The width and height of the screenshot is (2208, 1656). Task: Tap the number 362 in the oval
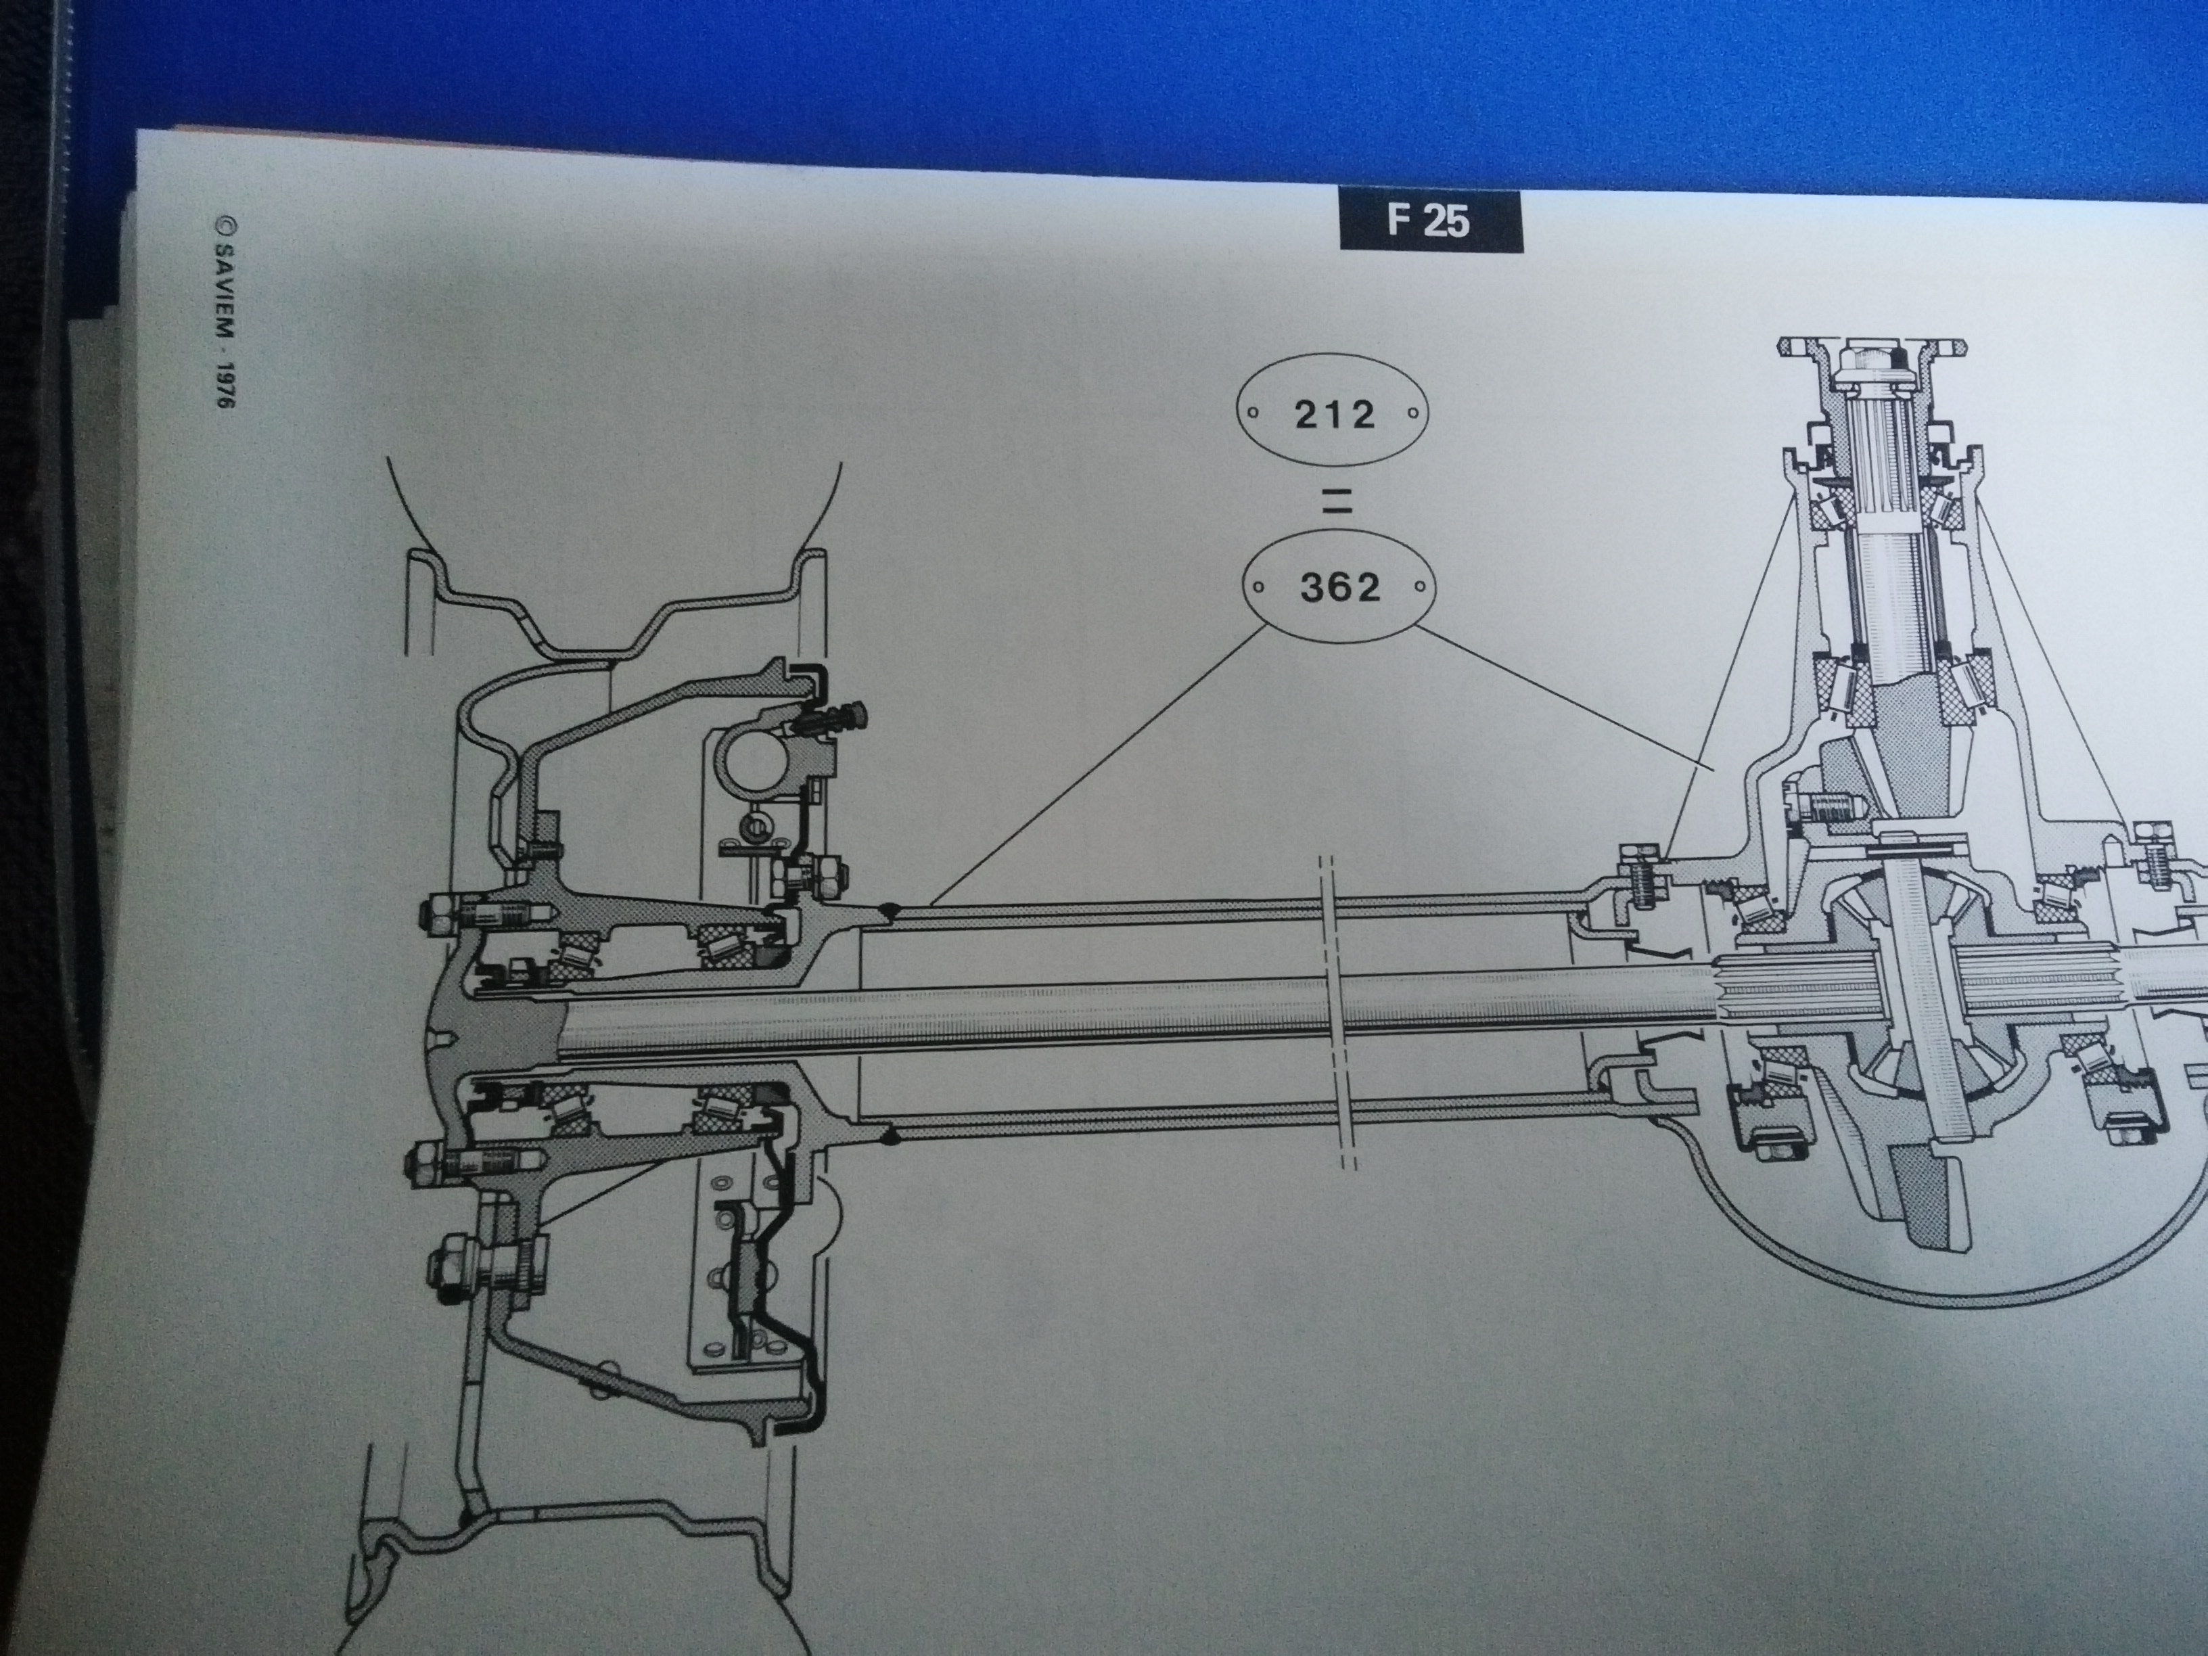pyautogui.click(x=1339, y=588)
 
